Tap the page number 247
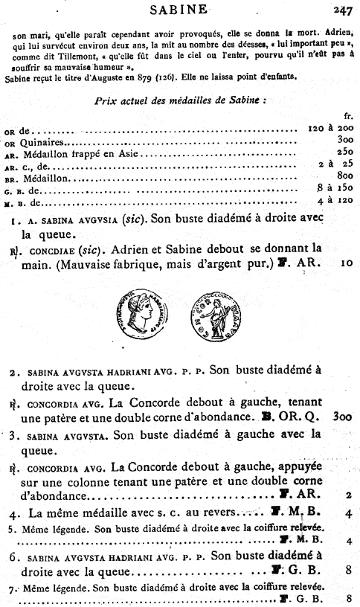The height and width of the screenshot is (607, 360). coord(343,10)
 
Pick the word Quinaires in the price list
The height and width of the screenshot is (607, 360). coord(44,141)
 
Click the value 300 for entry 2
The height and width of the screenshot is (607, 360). coord(343,417)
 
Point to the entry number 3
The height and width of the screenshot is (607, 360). coord(14,434)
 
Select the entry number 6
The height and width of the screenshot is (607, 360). coord(14,556)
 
